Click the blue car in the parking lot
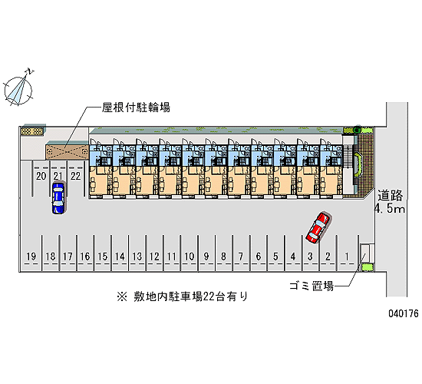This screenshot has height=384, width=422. point(58,198)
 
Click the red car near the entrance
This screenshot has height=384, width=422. point(318,228)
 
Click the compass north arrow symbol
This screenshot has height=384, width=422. point(18,91)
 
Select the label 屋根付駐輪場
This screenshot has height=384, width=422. point(136,108)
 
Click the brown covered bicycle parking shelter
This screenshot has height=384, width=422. point(67,152)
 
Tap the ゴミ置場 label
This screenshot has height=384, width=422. point(312,286)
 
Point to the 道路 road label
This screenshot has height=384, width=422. point(390,195)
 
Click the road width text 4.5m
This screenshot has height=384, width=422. point(390,209)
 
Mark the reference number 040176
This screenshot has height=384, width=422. point(404,313)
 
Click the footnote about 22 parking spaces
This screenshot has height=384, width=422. point(182,296)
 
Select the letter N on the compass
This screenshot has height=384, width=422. point(30,71)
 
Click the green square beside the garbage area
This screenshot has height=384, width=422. point(367,267)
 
